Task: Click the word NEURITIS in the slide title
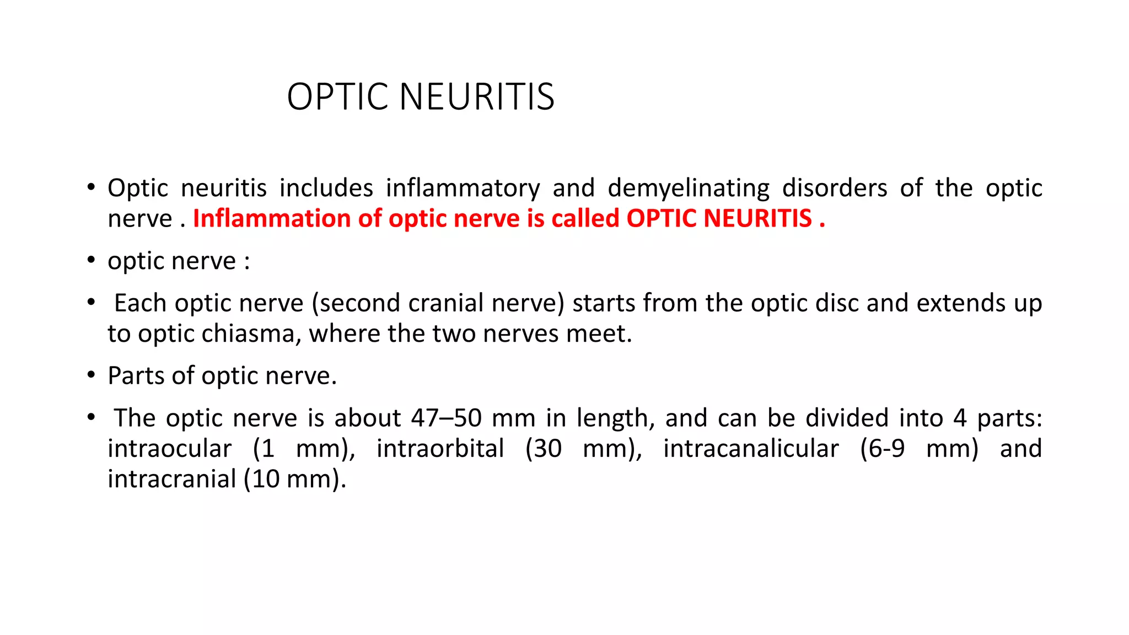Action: pos(477,97)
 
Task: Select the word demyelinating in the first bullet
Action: pos(689,189)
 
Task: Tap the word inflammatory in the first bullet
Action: pos(463,189)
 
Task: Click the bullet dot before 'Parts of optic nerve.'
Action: pos(91,375)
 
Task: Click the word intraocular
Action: pos(169,449)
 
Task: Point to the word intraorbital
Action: pos(440,449)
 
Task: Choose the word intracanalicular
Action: pos(751,449)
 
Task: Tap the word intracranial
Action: pos(171,479)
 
